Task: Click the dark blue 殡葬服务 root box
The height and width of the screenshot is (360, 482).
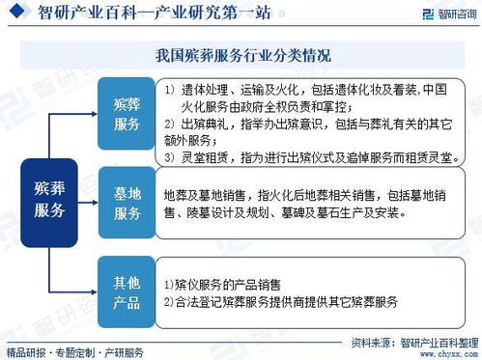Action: [49, 196]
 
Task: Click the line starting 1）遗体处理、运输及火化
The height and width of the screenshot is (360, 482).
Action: [311, 90]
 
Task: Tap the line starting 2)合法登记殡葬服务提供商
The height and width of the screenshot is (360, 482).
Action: [280, 301]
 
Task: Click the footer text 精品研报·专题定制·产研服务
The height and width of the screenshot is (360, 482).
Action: [74, 351]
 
